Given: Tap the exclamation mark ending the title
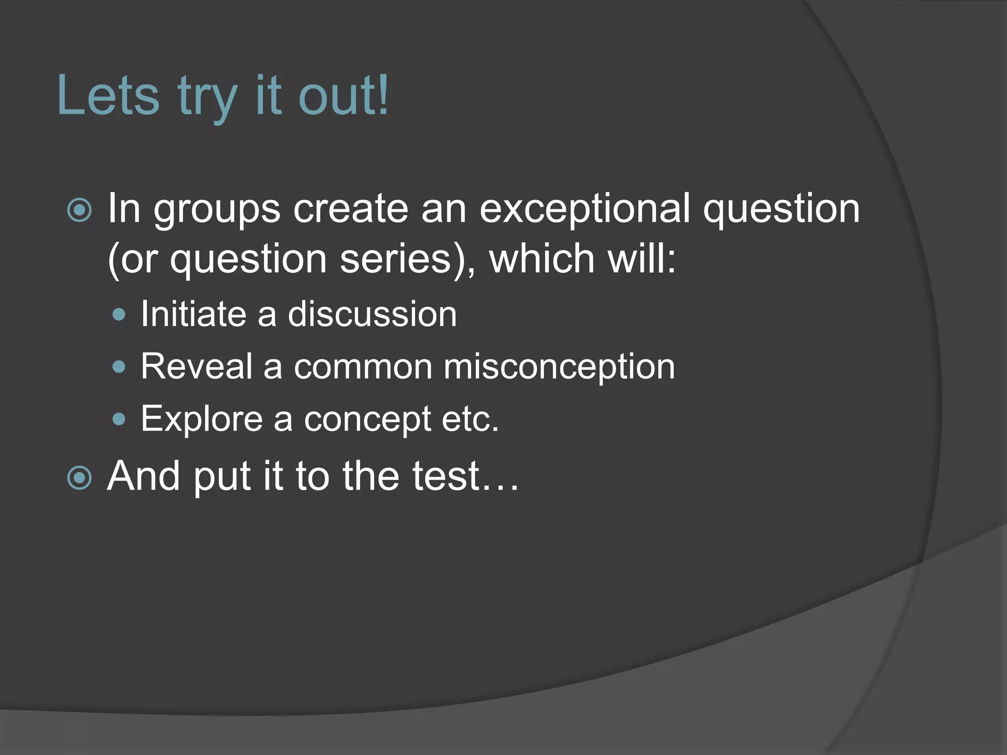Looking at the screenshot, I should (x=383, y=95).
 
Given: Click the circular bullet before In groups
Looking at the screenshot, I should (x=79, y=211).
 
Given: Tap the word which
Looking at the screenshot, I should (x=541, y=258).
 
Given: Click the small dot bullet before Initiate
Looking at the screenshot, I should (x=119, y=315).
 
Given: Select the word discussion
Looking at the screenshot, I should (x=372, y=314).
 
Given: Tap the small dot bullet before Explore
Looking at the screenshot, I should (x=119, y=419).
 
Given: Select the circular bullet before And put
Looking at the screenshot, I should (x=79, y=478).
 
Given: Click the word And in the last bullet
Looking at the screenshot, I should (x=144, y=476).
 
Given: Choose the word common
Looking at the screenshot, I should (x=362, y=367).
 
